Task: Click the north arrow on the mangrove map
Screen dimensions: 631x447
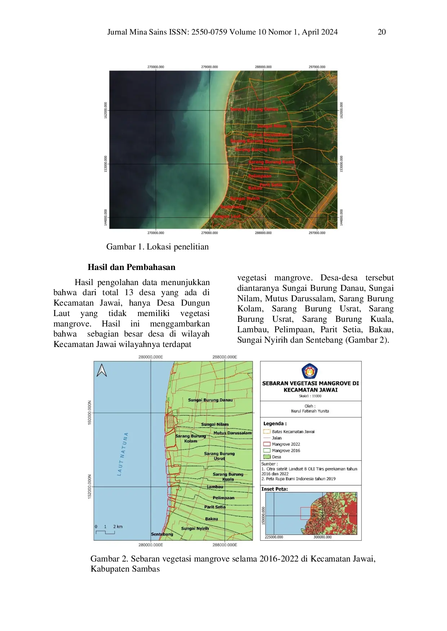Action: coord(102,370)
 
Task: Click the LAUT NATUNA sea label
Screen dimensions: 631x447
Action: coord(123,454)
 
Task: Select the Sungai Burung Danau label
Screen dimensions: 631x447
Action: coord(210,400)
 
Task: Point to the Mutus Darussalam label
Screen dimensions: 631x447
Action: coord(233,433)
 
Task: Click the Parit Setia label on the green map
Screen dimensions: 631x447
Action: coord(215,507)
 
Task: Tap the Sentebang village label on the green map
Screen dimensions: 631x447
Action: coord(162,534)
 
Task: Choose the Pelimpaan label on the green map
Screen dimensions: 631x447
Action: coord(223,498)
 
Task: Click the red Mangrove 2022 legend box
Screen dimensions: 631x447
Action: coord(267,444)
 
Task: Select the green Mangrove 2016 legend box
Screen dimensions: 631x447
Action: coord(267,450)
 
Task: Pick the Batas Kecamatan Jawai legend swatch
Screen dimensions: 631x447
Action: coord(267,432)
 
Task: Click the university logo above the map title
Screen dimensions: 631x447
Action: coord(310,371)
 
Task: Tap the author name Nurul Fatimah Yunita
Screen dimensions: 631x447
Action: coord(310,411)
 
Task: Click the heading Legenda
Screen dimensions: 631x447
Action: coord(275,424)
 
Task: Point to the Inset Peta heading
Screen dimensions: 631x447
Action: coord(275,489)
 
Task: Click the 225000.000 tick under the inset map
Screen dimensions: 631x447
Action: coord(274,537)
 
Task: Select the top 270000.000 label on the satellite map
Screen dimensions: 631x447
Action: coord(156,67)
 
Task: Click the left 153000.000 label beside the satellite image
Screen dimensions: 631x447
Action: coord(106,164)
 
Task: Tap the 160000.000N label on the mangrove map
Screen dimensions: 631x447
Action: coord(90,413)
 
